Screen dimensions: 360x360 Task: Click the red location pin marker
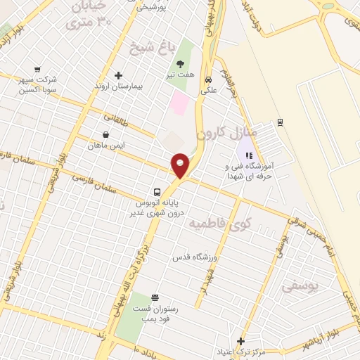(x=181, y=164)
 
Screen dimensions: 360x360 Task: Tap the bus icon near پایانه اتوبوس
(x=157, y=191)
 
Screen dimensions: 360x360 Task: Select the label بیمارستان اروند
(x=118, y=86)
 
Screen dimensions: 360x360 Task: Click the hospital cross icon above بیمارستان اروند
(x=118, y=75)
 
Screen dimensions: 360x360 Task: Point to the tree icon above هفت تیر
(x=180, y=63)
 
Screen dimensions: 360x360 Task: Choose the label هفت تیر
(x=180, y=74)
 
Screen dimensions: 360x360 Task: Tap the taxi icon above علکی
(x=209, y=79)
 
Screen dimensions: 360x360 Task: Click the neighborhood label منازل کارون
(x=228, y=132)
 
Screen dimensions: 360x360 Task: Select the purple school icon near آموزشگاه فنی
(x=248, y=155)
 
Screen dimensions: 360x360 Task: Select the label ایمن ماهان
(x=105, y=145)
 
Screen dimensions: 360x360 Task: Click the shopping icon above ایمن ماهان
(x=105, y=134)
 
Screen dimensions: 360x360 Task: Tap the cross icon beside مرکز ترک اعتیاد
(x=240, y=340)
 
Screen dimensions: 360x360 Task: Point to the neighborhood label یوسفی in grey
(x=300, y=286)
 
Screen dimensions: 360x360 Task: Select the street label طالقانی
(x=117, y=122)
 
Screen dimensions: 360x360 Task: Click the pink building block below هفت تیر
(x=180, y=104)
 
